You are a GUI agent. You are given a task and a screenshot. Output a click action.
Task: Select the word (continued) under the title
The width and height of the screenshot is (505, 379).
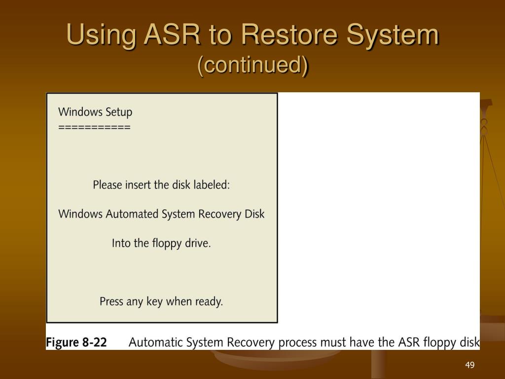point(252,65)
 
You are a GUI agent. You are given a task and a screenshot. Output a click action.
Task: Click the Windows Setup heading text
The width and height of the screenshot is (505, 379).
point(95,112)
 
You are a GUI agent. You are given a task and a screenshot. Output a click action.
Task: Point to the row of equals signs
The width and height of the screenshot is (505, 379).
point(94,127)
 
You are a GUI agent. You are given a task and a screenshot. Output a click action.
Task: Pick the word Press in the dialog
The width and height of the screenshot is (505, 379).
point(111,302)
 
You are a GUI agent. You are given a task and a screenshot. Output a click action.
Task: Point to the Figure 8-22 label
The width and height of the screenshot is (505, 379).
point(76,342)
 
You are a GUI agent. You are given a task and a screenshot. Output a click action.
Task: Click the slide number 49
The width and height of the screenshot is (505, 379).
point(469,365)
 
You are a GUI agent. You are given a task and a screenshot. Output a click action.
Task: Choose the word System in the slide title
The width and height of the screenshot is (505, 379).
point(392,35)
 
